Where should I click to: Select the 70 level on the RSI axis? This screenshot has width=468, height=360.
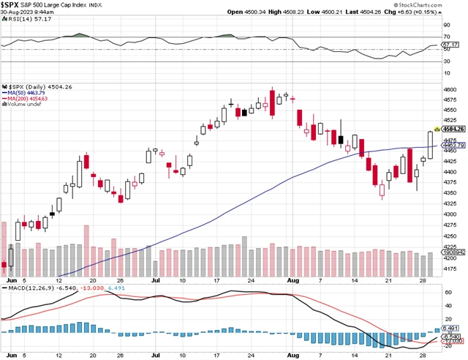click(x=445, y=35)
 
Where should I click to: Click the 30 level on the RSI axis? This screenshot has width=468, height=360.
click(x=445, y=61)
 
